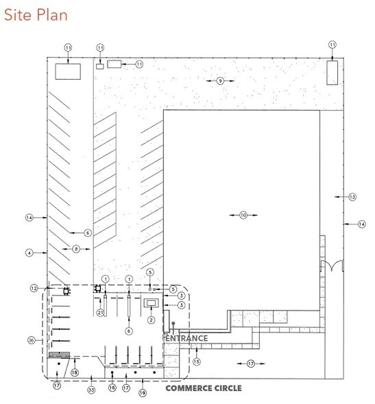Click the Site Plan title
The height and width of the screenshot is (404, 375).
point(36,14)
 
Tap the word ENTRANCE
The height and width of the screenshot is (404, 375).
point(186,338)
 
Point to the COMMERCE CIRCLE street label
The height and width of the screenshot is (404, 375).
point(204,388)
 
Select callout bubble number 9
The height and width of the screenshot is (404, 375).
point(220,81)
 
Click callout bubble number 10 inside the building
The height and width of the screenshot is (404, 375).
point(243,215)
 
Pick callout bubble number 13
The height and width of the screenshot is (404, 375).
point(352,197)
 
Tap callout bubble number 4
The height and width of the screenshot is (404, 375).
point(29,253)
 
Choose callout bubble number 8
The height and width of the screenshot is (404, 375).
point(76,249)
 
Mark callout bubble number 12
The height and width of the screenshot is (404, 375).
point(34,288)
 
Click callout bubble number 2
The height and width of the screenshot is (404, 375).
point(151,320)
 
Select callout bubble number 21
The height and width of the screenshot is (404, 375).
point(100,313)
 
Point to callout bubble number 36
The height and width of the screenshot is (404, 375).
point(32,340)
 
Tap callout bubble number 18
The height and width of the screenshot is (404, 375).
point(75,372)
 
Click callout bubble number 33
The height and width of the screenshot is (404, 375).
point(91,390)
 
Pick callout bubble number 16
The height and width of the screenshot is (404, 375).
point(112,388)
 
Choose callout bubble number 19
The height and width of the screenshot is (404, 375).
point(143,393)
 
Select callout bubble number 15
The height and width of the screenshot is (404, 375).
point(197,361)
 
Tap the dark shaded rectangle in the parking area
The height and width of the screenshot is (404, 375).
point(59,355)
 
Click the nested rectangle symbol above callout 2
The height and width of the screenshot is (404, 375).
point(151,303)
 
